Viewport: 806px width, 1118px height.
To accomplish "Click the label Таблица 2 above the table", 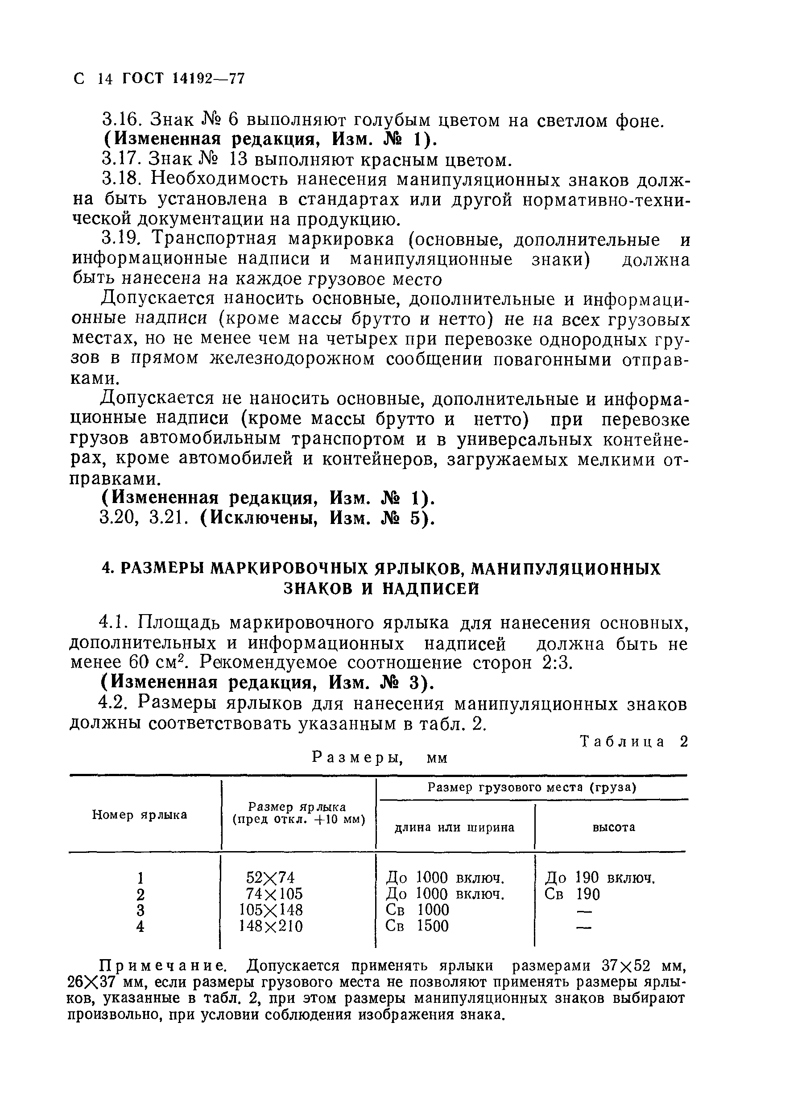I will click(x=633, y=742).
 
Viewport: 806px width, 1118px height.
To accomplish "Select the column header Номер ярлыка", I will click(x=140, y=815).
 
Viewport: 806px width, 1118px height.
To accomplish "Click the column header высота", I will click(x=613, y=827).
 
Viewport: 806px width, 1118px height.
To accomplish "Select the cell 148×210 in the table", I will click(x=271, y=926).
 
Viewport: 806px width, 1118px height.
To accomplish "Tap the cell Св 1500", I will click(x=417, y=926).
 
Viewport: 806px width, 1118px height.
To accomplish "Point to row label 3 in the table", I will click(x=141, y=910).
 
